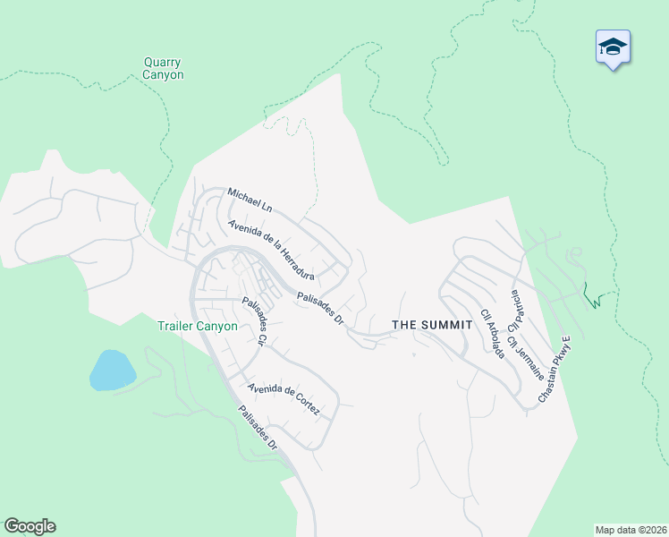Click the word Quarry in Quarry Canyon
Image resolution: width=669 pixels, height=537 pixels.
click(163, 63)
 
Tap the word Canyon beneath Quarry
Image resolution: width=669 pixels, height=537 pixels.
click(163, 75)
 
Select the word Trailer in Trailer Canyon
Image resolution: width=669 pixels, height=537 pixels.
click(176, 327)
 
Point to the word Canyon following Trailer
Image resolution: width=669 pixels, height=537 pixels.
click(218, 327)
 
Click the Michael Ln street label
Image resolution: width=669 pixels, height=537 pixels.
click(250, 200)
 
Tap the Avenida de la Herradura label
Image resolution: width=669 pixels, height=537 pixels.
click(270, 251)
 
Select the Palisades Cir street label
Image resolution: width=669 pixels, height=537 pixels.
click(255, 322)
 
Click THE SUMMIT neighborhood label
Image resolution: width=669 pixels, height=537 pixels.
click(432, 325)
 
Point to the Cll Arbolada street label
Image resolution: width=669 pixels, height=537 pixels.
click(493, 334)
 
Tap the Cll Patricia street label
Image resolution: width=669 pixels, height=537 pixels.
click(515, 310)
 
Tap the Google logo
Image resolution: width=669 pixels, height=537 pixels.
click(30, 526)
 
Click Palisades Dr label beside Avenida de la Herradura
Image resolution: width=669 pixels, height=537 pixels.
click(320, 309)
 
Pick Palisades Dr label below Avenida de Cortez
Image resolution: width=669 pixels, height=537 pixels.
click(258, 429)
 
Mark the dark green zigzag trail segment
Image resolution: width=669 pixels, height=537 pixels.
click(591, 296)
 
